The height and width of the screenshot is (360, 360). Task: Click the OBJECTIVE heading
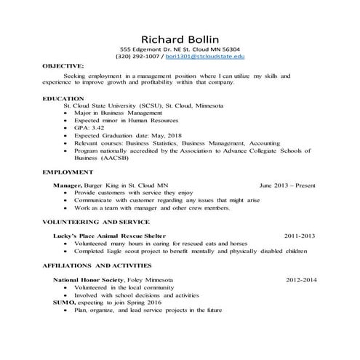[63, 65]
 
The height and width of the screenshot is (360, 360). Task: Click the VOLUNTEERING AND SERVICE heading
[96, 221]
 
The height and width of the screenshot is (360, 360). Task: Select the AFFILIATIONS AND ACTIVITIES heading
[100, 265]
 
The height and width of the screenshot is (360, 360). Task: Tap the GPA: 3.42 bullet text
[90, 127]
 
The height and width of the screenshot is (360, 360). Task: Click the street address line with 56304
[180, 48]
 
